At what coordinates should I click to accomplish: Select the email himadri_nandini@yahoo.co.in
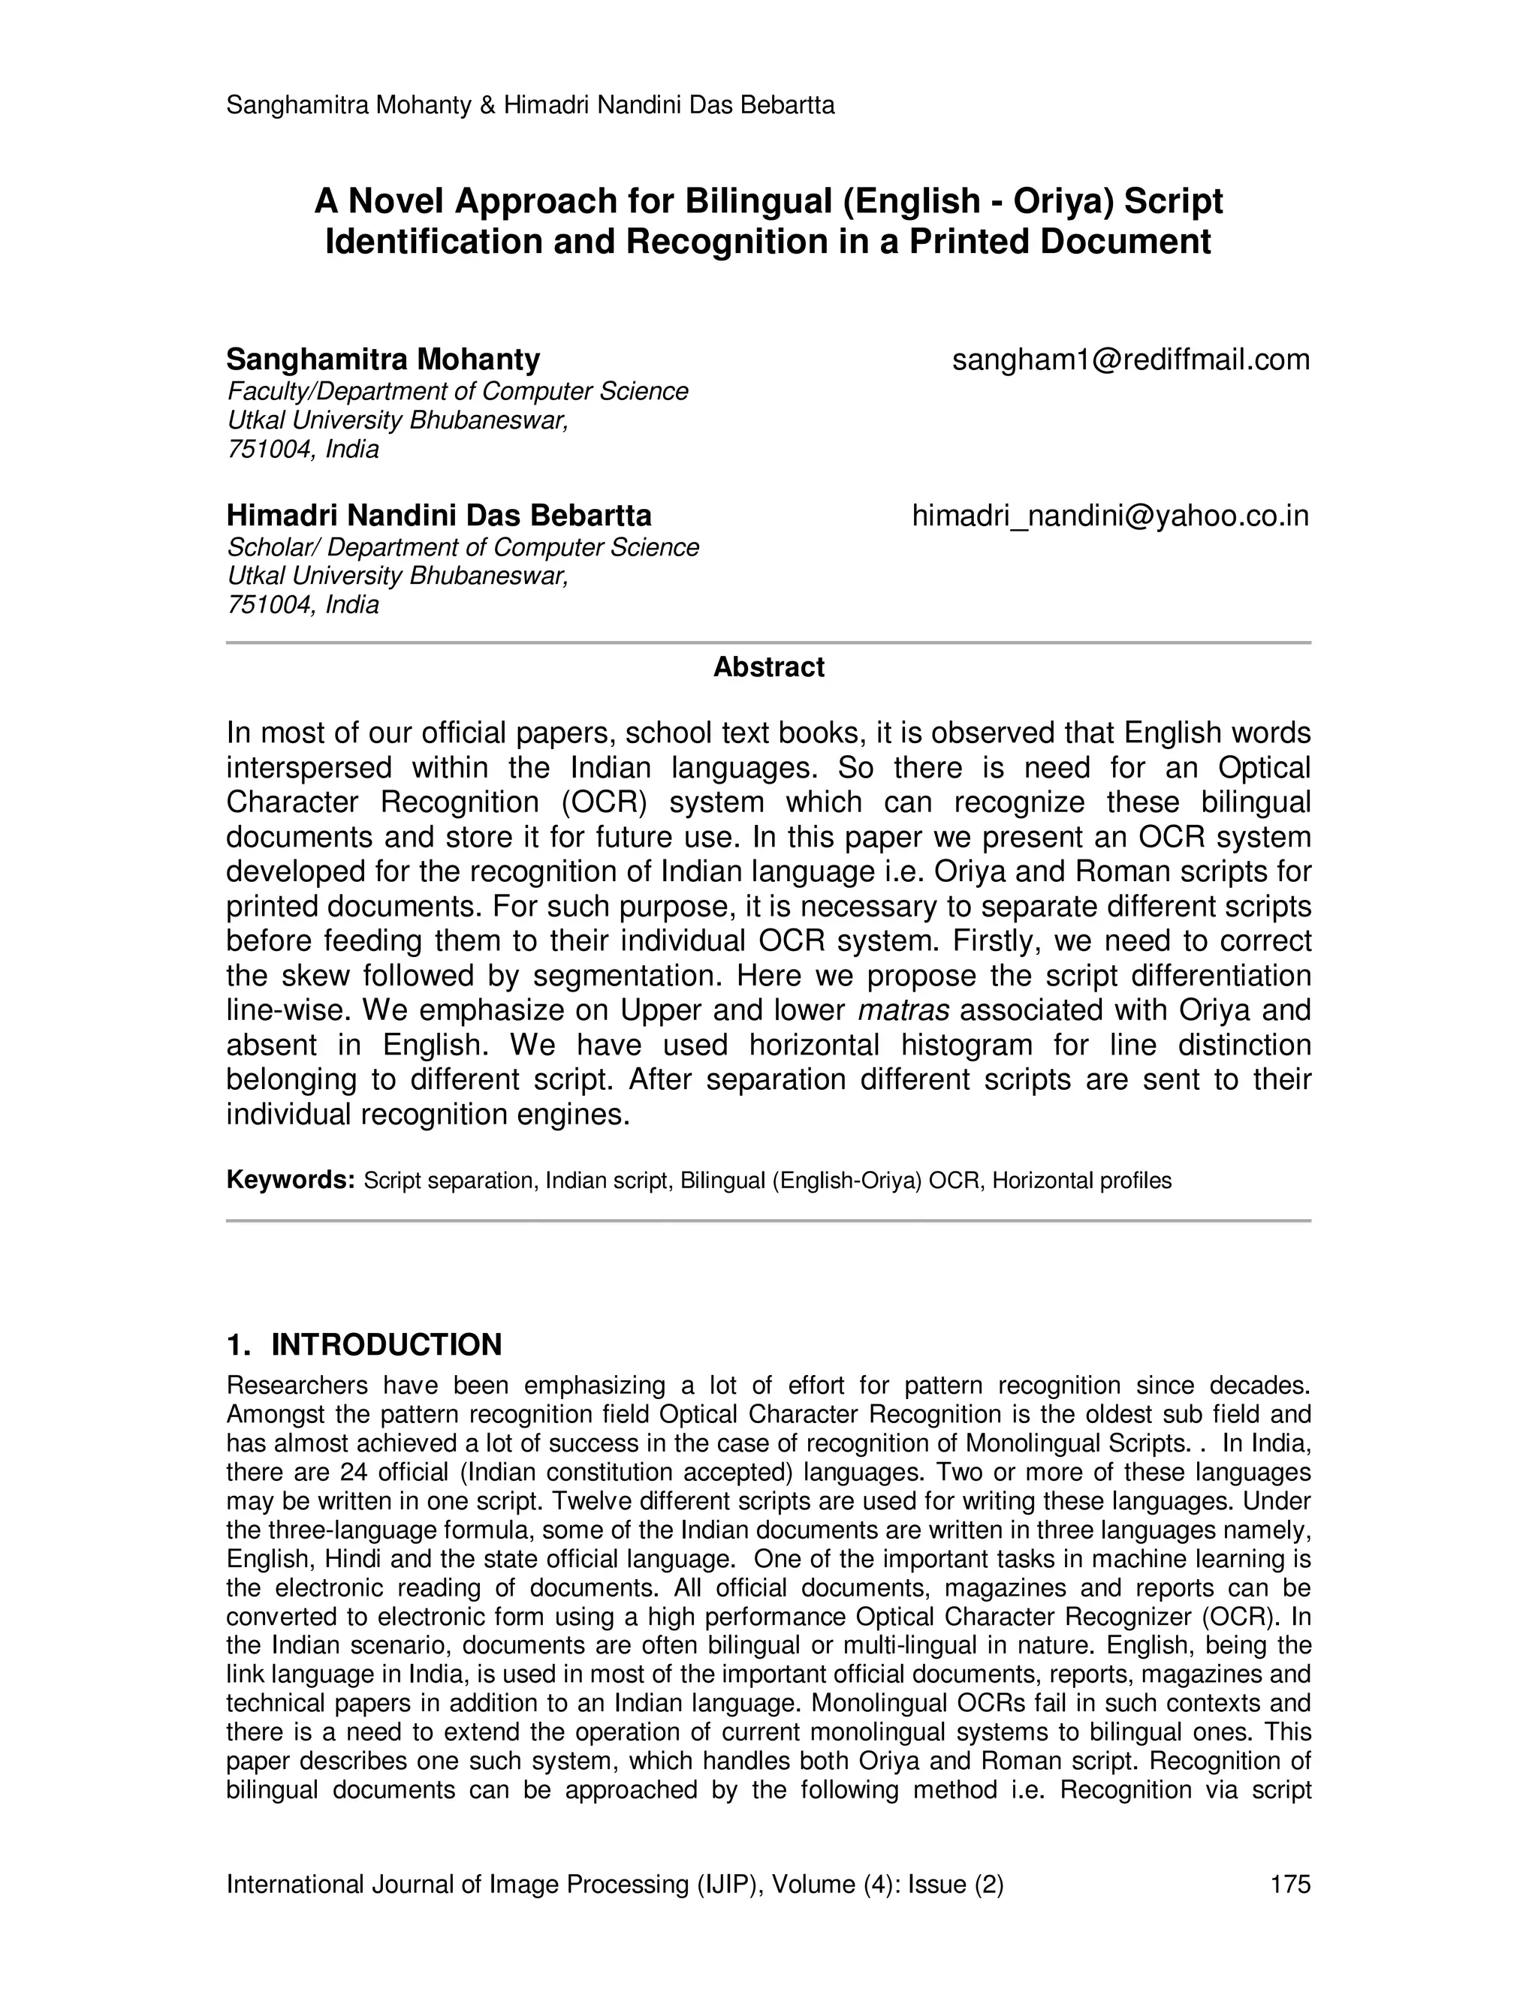[x=1110, y=516]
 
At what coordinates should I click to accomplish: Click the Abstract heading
[x=768, y=667]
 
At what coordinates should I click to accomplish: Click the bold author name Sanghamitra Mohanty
[x=383, y=360]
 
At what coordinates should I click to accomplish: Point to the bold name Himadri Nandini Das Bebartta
[x=439, y=516]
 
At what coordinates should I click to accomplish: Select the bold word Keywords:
[x=290, y=1181]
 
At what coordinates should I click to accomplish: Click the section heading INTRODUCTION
[x=386, y=1345]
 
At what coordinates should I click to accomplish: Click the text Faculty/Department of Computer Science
[x=457, y=392]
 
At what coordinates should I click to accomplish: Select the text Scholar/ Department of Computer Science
[x=462, y=547]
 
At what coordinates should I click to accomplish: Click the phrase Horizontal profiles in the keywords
[x=1081, y=1181]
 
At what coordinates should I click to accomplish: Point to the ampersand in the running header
[x=487, y=106]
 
